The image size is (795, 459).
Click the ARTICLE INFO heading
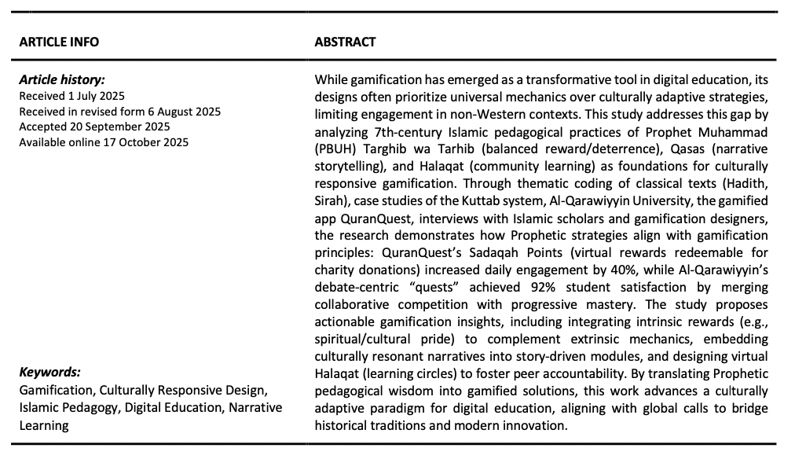(59, 42)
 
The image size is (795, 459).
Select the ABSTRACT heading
(345, 42)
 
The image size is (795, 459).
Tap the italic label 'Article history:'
(62, 79)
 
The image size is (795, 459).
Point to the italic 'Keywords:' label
(49, 373)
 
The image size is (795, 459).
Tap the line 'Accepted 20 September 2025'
(94, 127)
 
